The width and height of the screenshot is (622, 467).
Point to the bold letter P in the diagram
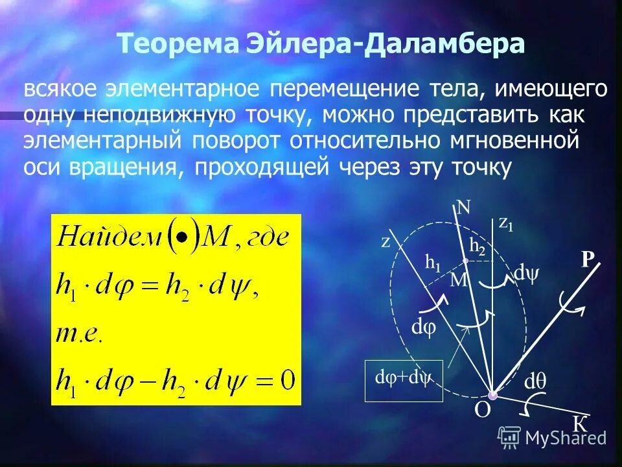587,260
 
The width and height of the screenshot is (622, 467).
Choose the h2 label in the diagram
477,246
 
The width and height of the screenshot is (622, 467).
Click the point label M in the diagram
459,280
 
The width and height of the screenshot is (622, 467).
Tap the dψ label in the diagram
525,273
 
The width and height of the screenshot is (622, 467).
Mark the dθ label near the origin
535,381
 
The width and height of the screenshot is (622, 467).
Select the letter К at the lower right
580,423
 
